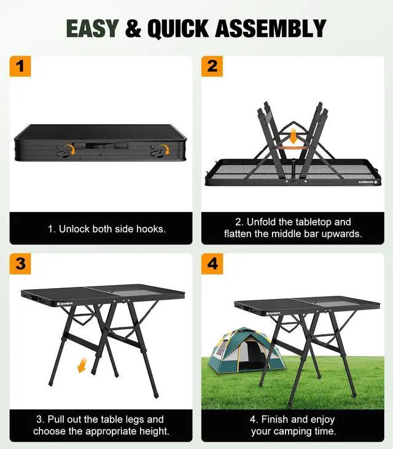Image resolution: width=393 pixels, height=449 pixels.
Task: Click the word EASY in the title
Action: (92, 28)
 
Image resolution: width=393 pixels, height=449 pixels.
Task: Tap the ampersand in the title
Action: (133, 28)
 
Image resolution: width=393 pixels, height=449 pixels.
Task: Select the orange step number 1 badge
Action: (20, 66)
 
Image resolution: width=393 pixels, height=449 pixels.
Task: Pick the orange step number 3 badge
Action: (20, 264)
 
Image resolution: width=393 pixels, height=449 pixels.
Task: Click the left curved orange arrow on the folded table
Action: (70, 149)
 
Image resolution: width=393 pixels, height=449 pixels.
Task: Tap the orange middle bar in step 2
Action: (294, 148)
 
